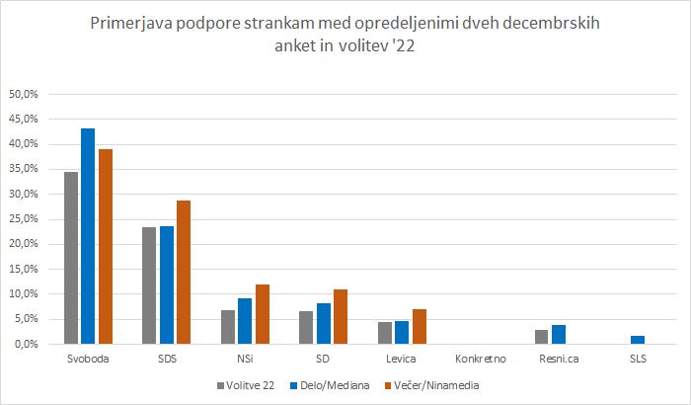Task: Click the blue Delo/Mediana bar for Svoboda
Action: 88,236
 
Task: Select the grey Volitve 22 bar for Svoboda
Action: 71,258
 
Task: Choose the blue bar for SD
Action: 323,323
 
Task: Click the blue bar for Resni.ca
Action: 559,335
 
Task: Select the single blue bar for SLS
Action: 637,340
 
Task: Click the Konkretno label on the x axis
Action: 481,359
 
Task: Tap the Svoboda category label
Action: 88,359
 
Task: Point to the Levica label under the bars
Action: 403,359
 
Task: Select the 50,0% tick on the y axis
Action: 23,95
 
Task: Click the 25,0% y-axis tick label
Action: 23,219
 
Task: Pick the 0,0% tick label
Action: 25,344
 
